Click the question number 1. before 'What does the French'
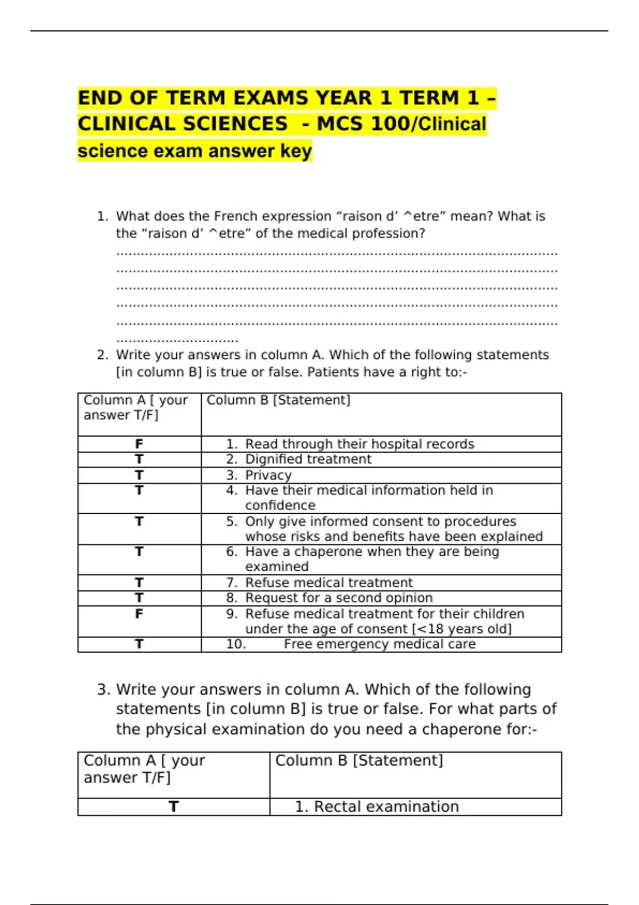[x=102, y=216]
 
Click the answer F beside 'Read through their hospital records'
[x=139, y=444]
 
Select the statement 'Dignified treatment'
[x=308, y=459]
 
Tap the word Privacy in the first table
[x=268, y=475]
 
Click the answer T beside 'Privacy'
[x=139, y=475]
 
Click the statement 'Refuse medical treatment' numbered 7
[x=329, y=582]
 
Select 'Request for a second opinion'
[x=339, y=598]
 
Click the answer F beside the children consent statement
[x=139, y=614]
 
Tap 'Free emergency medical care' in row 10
[x=379, y=644]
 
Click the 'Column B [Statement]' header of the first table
[x=278, y=400]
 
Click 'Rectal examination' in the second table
[x=386, y=807]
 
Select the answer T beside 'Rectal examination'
[x=174, y=807]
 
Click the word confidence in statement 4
[x=280, y=505]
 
